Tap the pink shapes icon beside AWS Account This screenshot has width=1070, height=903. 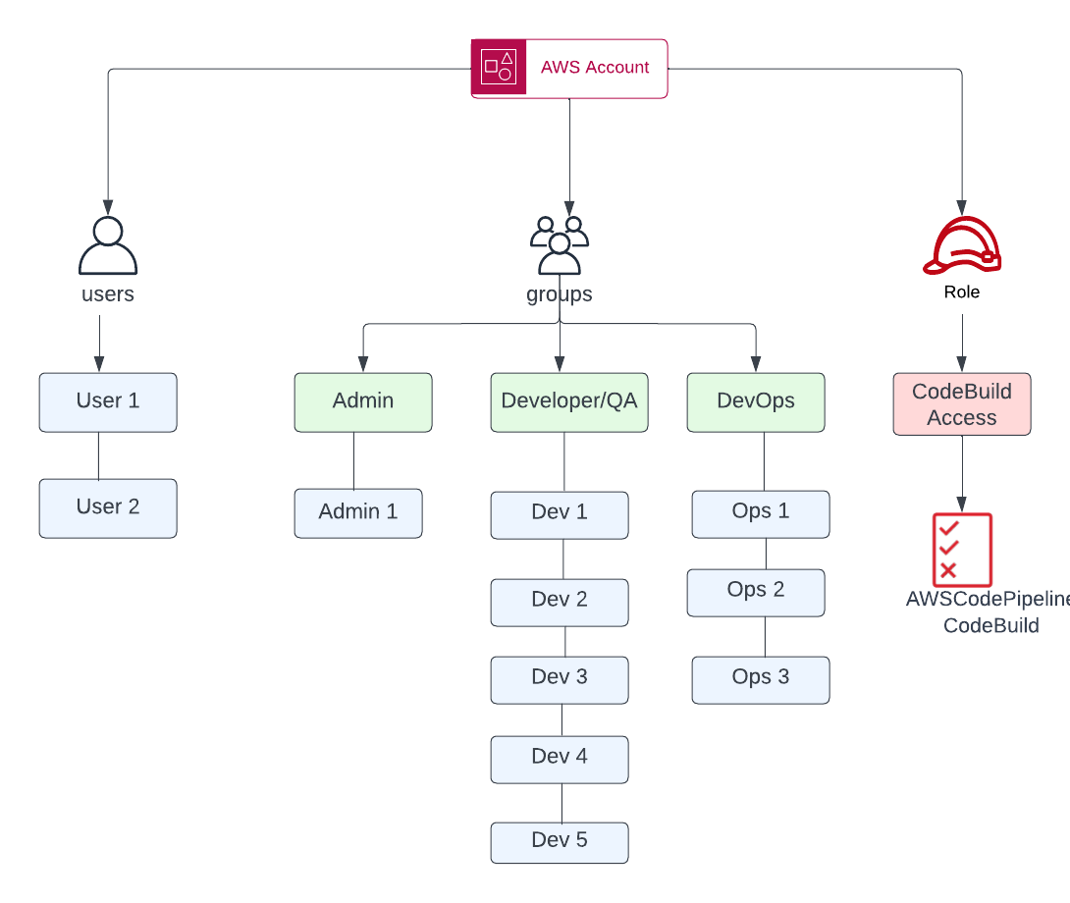point(499,68)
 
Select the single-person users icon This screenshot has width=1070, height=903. point(108,245)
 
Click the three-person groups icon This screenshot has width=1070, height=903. point(560,244)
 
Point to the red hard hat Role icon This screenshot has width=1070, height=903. point(962,245)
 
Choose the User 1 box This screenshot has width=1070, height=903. point(108,401)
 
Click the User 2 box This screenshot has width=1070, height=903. point(108,507)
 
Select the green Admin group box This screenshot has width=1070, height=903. point(363,401)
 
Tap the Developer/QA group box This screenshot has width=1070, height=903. point(569,401)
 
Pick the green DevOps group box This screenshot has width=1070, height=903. point(756,401)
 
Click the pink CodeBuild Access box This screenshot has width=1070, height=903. point(962,403)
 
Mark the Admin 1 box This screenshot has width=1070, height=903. point(358,512)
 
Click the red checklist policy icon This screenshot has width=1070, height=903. point(962,550)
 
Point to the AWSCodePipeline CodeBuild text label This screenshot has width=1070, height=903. point(987,612)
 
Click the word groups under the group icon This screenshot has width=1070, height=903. point(560,294)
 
